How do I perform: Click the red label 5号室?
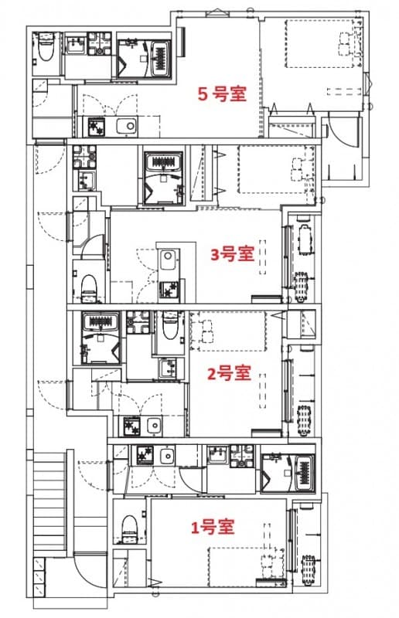pyautogui.click(x=222, y=94)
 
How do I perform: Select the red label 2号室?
pyautogui.click(x=230, y=373)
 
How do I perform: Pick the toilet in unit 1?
pyautogui.click(x=129, y=531)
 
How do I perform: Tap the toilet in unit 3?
pyautogui.click(x=89, y=286)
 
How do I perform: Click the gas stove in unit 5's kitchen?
pyautogui.click(x=96, y=126)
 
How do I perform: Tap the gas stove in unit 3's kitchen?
pyautogui.click(x=168, y=290)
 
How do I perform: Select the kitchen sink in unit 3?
pyautogui.click(x=168, y=259)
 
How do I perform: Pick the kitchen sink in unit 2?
pyautogui.click(x=154, y=426)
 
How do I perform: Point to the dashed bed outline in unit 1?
pyautogui.click(x=246, y=569)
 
